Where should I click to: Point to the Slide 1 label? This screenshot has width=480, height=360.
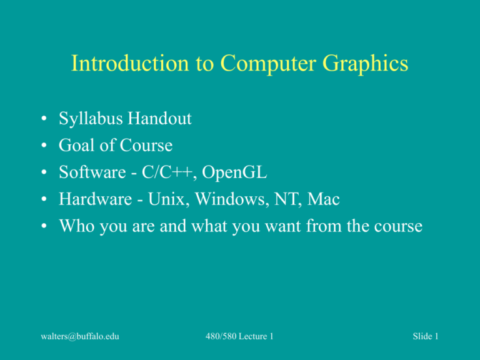pos(425,336)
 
